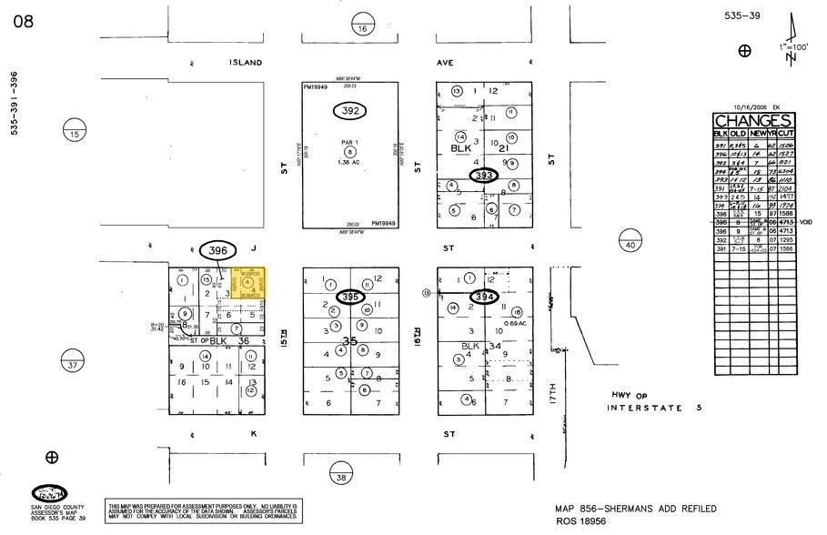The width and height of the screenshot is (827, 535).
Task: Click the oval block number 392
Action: [x=348, y=111]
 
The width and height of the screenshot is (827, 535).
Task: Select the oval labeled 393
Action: [x=483, y=175]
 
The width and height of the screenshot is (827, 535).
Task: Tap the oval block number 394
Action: [x=484, y=297]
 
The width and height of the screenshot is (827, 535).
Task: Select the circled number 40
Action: [x=630, y=244]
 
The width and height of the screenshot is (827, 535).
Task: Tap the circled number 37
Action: [x=73, y=366]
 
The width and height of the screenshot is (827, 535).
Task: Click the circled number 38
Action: [x=342, y=476]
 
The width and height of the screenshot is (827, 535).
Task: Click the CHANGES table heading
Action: [x=752, y=121]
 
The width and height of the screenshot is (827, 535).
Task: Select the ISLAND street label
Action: [x=246, y=63]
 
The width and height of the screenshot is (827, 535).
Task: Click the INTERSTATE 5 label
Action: [x=655, y=409]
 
